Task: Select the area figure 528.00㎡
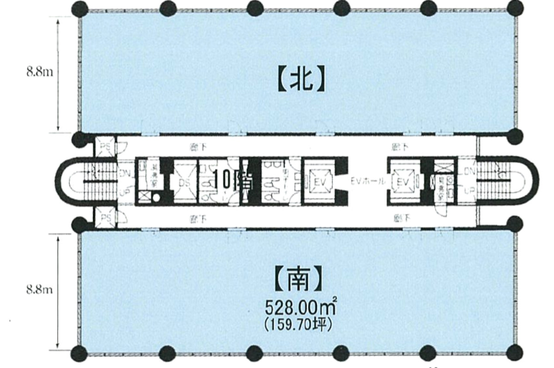click(300, 307)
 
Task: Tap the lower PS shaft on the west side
click(105, 218)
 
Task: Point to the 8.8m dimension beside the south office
click(39, 290)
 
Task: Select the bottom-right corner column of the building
click(514, 353)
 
